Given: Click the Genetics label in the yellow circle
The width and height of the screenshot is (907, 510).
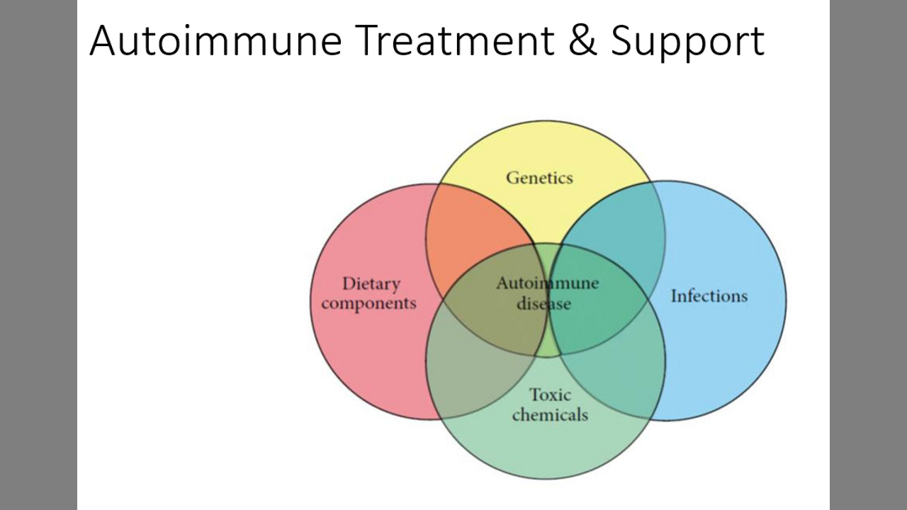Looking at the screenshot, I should click(x=539, y=177).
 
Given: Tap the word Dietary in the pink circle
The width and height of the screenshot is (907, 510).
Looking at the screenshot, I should click(x=371, y=284).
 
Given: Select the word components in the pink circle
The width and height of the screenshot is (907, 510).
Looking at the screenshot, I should click(x=368, y=304).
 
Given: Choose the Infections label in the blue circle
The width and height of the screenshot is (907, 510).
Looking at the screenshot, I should click(x=709, y=295).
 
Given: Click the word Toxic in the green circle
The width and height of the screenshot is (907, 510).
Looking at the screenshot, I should click(x=550, y=395).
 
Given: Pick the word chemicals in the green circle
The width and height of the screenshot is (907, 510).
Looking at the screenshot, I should click(x=550, y=414).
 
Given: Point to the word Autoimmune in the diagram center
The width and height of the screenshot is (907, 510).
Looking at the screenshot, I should click(x=547, y=284).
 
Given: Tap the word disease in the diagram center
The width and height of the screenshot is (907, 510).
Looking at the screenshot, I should click(x=544, y=304).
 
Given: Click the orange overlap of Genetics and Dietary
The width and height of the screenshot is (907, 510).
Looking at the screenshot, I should click(x=471, y=227).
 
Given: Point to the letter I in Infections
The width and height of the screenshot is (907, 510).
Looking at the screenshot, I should click(x=674, y=295).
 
